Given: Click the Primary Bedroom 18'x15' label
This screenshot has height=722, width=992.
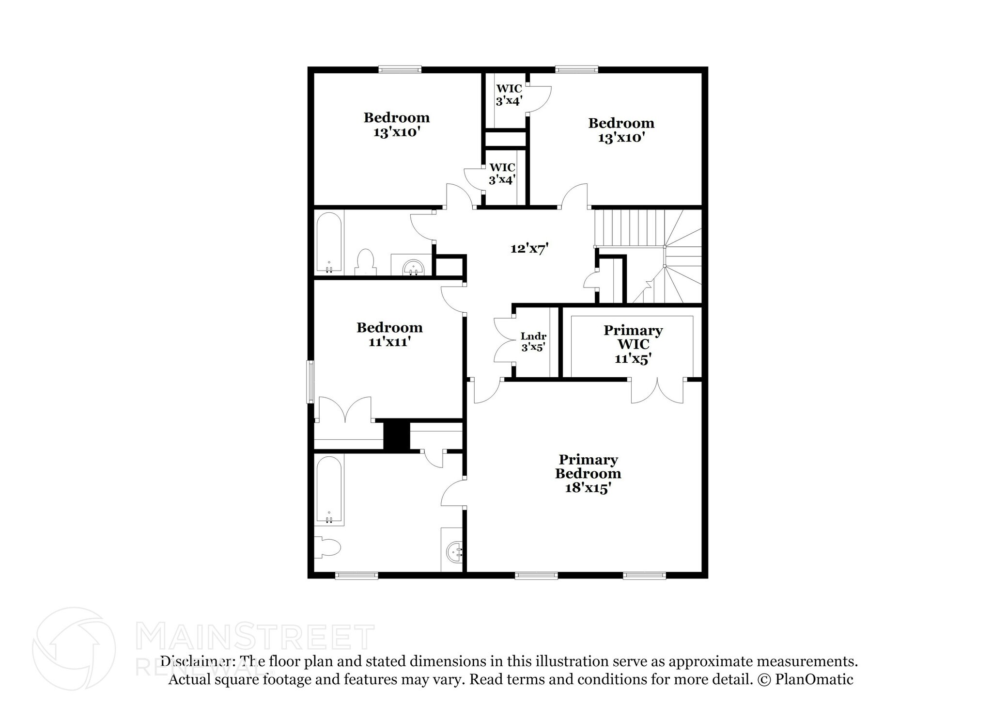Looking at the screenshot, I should (588, 473).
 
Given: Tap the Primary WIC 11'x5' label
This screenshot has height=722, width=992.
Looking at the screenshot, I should (633, 344).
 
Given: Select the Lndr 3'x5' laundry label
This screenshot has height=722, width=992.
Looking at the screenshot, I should (533, 341).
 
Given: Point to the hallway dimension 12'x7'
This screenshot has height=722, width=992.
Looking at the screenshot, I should (529, 249).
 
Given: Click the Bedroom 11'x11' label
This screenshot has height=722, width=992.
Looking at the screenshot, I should (389, 335).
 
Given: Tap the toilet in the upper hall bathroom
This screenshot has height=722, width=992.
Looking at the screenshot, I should (365, 262).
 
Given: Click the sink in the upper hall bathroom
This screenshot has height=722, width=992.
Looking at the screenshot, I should (413, 266).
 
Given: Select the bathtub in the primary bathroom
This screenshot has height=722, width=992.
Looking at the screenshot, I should (329, 490).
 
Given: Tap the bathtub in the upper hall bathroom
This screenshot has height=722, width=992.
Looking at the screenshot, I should (329, 243).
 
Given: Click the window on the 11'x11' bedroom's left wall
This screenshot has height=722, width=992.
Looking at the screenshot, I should (310, 382).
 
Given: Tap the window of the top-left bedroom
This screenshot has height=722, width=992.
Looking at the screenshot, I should (400, 70).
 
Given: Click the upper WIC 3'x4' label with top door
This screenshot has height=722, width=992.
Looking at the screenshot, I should (509, 95).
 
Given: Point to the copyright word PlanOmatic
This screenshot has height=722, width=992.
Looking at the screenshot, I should (814, 679).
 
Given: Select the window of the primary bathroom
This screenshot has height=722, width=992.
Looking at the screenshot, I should (356, 576).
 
